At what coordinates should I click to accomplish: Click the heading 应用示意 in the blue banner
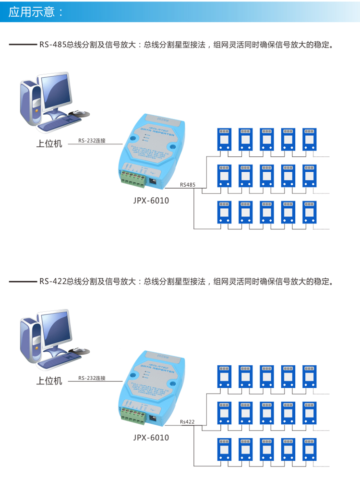tap(36, 12)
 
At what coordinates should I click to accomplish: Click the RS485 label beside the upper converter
tap(187, 184)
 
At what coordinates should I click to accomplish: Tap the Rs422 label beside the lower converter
tap(187, 422)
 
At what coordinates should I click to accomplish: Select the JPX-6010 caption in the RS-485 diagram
tap(151, 200)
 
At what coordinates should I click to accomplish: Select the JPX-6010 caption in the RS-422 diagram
tap(151, 438)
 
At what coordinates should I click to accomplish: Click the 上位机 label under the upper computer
tap(49, 143)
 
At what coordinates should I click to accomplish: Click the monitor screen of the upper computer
tap(56, 92)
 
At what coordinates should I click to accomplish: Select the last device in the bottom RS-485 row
tap(309, 212)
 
